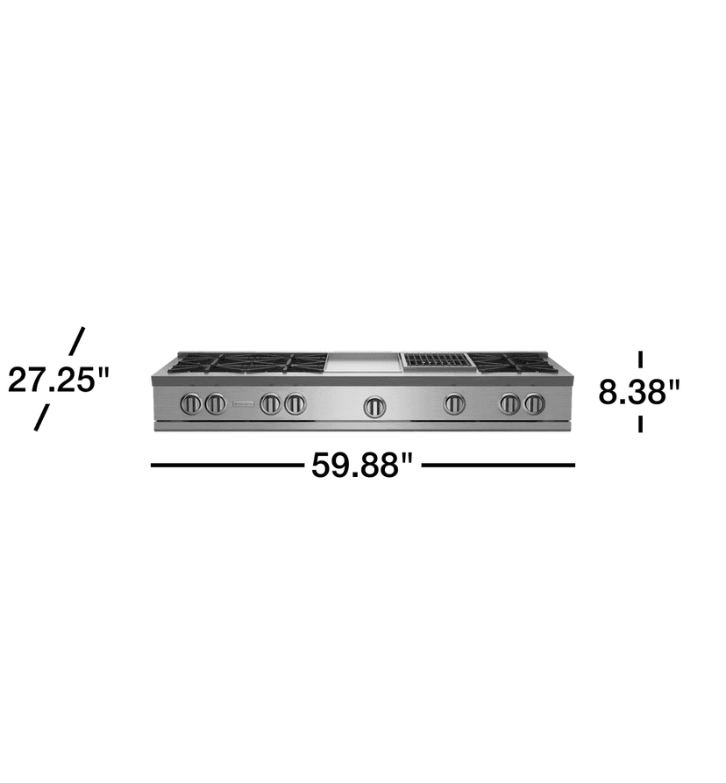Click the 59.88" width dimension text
coord(362,466)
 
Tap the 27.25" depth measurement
coord(60,380)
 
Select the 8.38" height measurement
coord(639,391)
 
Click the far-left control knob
coord(191,404)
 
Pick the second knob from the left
coord(215,404)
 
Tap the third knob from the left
coord(271,404)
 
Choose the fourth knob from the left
coord(295,404)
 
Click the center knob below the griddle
coord(375,405)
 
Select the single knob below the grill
coord(454,404)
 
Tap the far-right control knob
coord(534,404)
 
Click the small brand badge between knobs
coord(242,404)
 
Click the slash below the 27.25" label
coord(41,417)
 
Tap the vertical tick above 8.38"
coord(641,359)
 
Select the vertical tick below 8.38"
coord(641,423)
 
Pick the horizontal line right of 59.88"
coord(498,466)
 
